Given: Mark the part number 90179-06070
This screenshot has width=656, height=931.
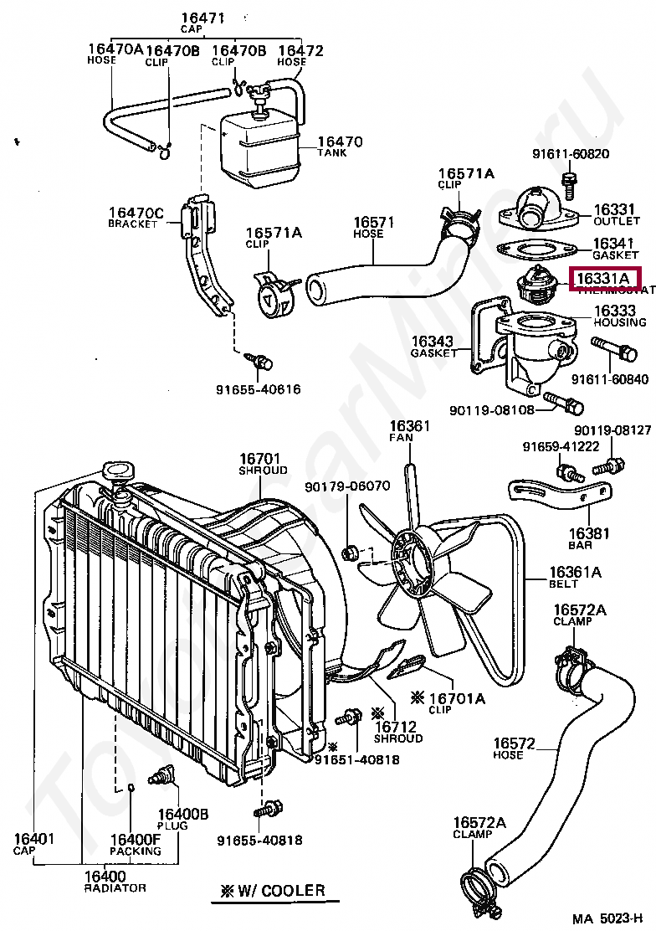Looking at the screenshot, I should click(347, 486).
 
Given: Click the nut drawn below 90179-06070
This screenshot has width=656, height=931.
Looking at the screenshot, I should click(351, 551).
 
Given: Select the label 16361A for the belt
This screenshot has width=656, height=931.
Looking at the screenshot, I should click(577, 573).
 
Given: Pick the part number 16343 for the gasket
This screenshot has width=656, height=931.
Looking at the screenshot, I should click(432, 342).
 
